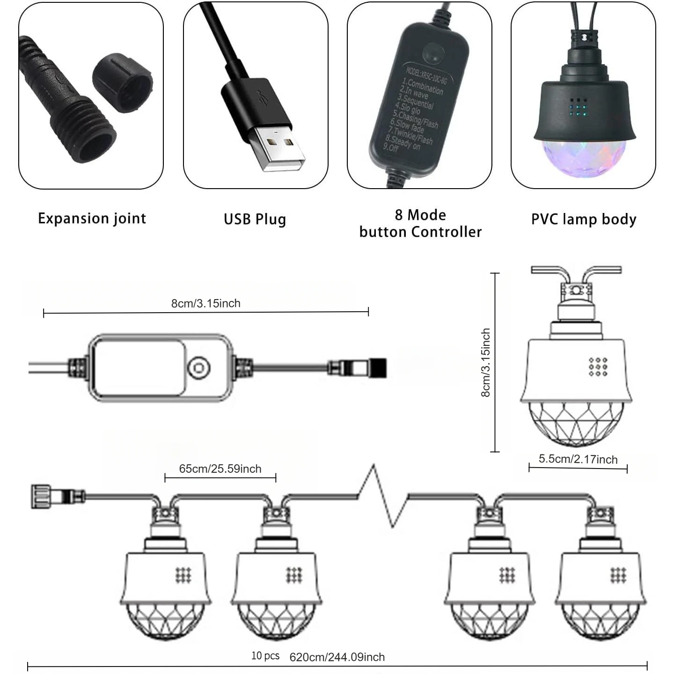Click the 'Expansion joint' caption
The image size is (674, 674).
[92, 219]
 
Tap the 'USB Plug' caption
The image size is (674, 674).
[255, 219]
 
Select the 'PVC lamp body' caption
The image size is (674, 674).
[583, 219]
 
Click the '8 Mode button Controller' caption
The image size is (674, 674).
[420, 223]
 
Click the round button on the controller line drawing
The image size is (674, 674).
[198, 366]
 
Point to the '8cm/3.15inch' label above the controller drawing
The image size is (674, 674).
[205, 303]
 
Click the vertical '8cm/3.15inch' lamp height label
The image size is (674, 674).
[486, 362]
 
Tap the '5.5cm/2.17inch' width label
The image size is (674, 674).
[578, 459]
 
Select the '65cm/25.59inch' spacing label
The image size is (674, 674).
[220, 469]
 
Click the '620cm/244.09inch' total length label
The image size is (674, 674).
[337, 657]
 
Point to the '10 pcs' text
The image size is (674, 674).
[265, 656]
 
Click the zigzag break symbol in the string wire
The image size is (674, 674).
[383, 496]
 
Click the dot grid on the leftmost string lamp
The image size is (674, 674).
[183, 575]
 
